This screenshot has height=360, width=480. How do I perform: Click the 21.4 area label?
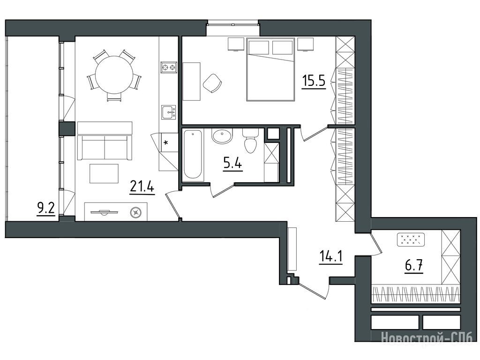(x=142, y=187)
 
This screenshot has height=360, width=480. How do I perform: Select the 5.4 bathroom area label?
(x=232, y=164)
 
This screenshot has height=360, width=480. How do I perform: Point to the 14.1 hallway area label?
(x=330, y=256)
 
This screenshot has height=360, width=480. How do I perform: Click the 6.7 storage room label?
(x=414, y=265)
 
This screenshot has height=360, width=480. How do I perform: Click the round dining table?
(x=114, y=74)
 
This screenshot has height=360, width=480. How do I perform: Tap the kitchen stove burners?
(x=169, y=67)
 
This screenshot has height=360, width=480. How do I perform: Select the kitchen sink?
(x=169, y=112)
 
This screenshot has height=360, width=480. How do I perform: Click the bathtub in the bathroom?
(x=193, y=155)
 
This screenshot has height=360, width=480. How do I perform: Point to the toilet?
(x=250, y=141)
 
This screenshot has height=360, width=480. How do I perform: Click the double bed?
(x=270, y=69)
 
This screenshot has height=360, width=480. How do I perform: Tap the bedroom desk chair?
(x=212, y=82)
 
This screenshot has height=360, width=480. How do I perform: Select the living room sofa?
(x=105, y=141)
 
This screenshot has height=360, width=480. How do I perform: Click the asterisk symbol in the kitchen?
(x=166, y=142)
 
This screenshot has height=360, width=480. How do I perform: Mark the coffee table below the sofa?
(x=104, y=173)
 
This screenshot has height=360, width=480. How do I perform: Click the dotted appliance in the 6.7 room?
(x=411, y=240)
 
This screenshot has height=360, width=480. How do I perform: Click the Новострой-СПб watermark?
(x=427, y=337)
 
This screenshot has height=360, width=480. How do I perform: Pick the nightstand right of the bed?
(x=306, y=45)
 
